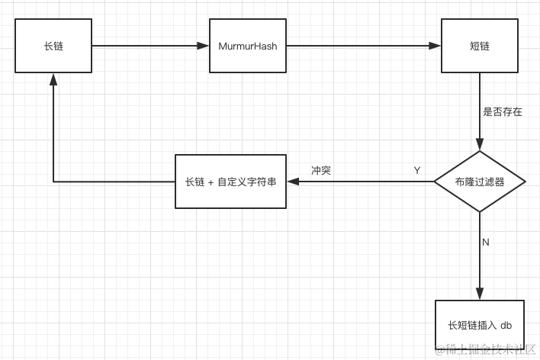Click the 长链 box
[x=53, y=46]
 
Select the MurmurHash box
[x=248, y=46]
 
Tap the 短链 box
[x=480, y=46]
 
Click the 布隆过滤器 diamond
[x=480, y=182]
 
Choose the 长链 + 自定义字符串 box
[x=231, y=182]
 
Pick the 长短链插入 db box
[x=480, y=325]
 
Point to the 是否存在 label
[x=503, y=111]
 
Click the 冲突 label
[x=321, y=170]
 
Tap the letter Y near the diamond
[x=417, y=170]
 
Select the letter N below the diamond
[x=486, y=243]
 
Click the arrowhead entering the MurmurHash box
[x=203, y=46]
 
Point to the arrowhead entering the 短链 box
[x=435, y=46]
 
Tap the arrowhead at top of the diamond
[x=480, y=145]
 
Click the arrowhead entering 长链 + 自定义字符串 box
[x=293, y=182]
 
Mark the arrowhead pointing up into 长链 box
[x=53, y=79]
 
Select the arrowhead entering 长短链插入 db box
[x=480, y=294]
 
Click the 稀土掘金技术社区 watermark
[x=485, y=349]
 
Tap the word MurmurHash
[x=248, y=47]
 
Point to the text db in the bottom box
[x=506, y=325]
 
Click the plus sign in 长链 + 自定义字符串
[x=211, y=182]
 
